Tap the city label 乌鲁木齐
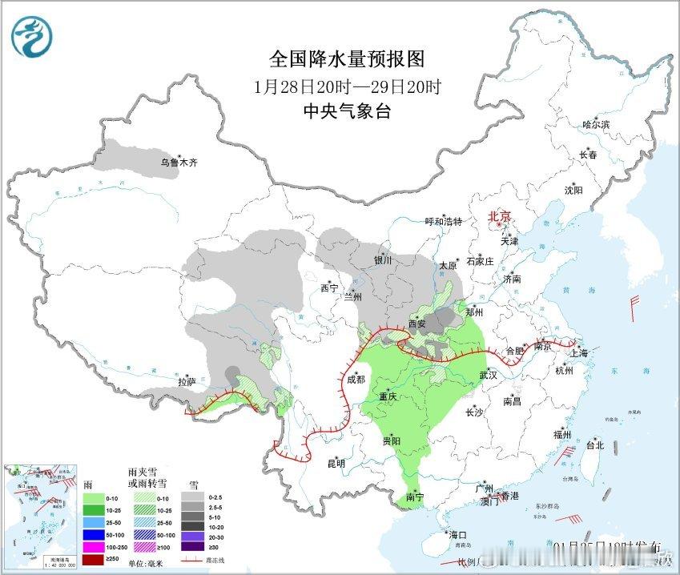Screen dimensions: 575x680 (178, 163)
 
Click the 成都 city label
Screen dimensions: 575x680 (356, 380)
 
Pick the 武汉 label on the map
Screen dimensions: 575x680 (488, 375)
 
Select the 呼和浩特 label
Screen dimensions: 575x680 (443, 222)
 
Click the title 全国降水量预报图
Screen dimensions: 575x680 (346, 59)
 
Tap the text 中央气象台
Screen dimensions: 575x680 (346, 111)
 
